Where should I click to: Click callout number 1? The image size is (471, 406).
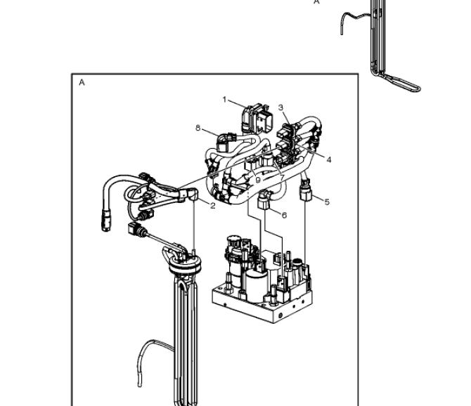pos(224,99)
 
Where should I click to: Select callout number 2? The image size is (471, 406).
pos(213,206)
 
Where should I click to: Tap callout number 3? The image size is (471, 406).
pos(280,107)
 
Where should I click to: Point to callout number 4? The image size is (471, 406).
pos(328,160)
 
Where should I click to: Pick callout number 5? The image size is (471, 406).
pos(327,202)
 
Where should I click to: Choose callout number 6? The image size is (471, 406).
pos(284,215)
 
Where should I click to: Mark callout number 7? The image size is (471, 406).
pos(282,178)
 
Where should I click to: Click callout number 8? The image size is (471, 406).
pos(198,128)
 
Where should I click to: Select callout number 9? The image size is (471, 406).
pos(258,180)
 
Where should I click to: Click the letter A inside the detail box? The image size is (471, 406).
pos(82,82)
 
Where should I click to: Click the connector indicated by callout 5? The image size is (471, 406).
pos(306,191)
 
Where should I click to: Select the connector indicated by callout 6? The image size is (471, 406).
pos(264,199)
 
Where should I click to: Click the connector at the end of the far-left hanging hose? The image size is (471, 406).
pos(106,221)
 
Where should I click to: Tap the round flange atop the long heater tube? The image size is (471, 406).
pos(184,264)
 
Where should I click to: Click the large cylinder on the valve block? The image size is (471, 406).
pos(257,284)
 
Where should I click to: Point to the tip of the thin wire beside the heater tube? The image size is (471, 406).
pos(139,385)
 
